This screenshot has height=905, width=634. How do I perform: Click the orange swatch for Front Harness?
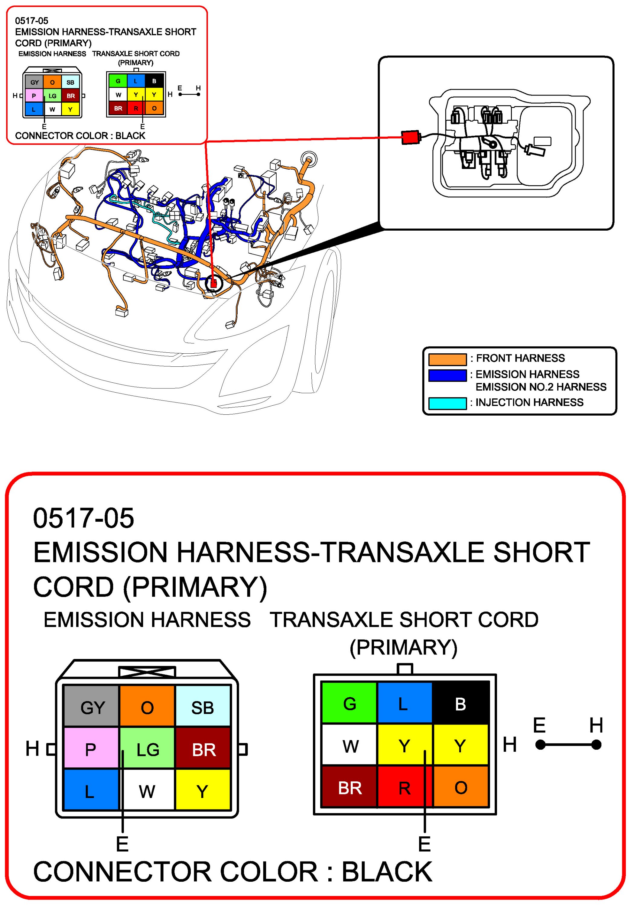(447, 359)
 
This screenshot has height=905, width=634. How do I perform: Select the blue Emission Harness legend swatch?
(447, 375)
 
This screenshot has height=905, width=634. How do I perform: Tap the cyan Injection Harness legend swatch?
(447, 403)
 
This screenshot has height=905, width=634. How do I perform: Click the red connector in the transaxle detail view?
(410, 137)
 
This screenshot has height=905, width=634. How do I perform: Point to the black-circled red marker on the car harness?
(214, 283)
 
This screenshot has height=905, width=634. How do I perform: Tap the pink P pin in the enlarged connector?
(91, 749)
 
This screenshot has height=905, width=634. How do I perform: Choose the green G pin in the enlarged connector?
(349, 704)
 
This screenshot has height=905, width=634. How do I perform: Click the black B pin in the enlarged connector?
(460, 704)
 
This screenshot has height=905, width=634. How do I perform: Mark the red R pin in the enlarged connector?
(405, 787)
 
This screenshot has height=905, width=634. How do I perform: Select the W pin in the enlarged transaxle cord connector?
(349, 746)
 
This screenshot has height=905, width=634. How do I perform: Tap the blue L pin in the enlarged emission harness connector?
(91, 791)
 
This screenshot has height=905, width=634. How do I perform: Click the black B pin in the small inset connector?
(154, 81)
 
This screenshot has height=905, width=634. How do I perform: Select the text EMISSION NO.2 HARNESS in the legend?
(541, 387)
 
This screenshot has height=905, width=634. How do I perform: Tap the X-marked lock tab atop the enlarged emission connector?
(147, 672)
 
